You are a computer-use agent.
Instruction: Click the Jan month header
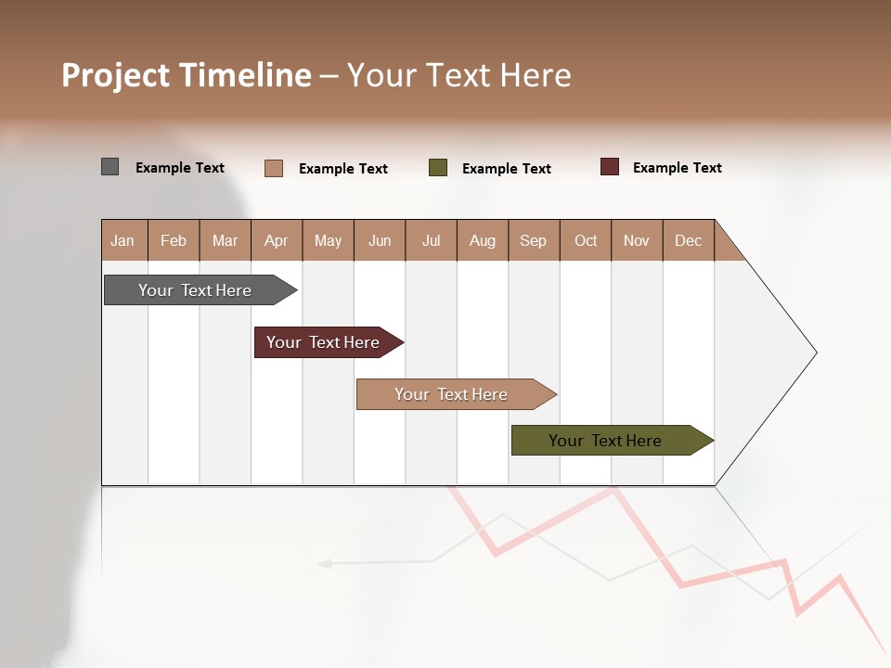point(123,240)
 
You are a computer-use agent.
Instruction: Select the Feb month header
point(174,240)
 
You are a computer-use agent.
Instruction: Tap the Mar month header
point(225,240)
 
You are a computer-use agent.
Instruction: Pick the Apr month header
point(277,240)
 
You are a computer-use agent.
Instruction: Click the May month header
point(328,240)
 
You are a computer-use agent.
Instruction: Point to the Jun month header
point(380,240)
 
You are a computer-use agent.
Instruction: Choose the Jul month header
point(431,240)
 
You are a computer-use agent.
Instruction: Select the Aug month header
point(483,240)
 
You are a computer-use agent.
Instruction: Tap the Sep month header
point(534,240)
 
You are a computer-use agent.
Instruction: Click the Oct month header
point(586,240)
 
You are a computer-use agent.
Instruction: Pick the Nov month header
point(637,240)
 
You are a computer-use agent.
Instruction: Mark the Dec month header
point(689,240)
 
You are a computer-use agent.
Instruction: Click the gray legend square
point(110,167)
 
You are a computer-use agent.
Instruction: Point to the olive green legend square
point(438,168)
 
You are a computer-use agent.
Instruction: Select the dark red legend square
point(610,167)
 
